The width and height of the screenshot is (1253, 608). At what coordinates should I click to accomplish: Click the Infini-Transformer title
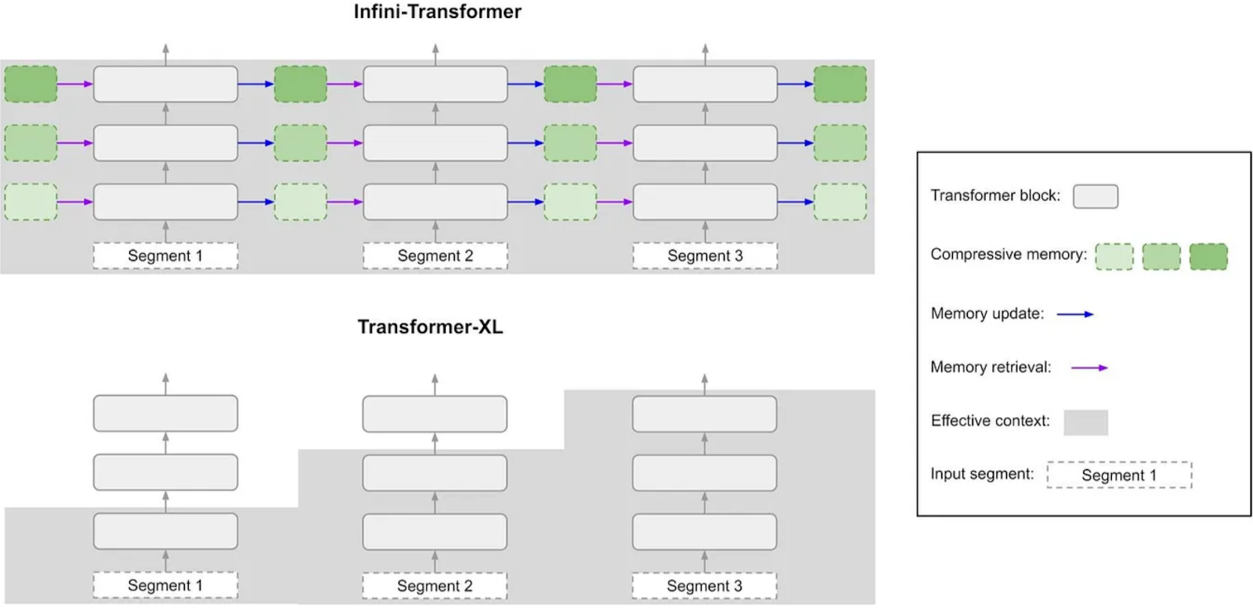tap(438, 12)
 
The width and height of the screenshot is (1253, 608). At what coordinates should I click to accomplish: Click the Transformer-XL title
tap(430, 327)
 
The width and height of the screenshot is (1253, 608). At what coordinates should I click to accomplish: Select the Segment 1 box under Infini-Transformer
tap(165, 256)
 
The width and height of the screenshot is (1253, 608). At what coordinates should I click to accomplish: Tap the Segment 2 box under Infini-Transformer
tap(435, 256)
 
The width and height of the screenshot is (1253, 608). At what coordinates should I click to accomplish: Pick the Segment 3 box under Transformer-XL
tap(704, 585)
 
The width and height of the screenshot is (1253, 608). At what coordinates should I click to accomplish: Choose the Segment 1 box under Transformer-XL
tap(165, 585)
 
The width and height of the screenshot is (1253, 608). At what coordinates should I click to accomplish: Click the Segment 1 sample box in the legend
tap(1119, 475)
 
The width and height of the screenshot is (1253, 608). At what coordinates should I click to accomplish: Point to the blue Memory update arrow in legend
tap(1075, 314)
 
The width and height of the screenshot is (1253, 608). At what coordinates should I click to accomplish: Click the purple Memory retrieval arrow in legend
tap(1089, 367)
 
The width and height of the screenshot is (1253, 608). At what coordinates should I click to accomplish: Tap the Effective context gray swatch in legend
tap(1085, 422)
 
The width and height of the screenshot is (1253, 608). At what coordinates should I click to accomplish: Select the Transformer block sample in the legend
tap(1096, 197)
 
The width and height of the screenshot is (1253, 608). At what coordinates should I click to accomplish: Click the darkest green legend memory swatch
tap(1209, 256)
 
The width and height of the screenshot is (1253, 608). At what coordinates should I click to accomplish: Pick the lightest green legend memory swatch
tap(1114, 256)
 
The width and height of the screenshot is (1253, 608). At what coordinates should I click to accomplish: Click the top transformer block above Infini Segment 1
tap(165, 84)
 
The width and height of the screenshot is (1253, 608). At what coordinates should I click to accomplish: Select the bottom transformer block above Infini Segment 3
tap(706, 201)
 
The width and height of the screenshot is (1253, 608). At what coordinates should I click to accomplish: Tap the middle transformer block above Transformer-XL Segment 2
tap(435, 473)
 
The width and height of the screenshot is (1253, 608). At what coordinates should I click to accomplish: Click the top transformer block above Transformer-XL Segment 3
tap(704, 414)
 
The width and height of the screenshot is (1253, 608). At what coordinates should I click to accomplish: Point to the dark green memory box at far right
tap(840, 84)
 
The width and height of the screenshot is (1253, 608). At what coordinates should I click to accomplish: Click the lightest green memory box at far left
tap(31, 201)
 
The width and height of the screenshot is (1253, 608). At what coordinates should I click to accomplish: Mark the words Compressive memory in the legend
tap(1009, 255)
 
